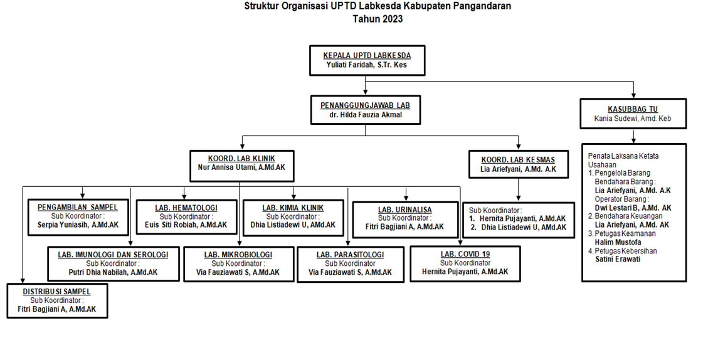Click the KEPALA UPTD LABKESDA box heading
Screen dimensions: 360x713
367,55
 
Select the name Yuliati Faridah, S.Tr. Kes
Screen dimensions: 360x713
367,65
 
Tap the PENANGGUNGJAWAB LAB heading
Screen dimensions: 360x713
366,105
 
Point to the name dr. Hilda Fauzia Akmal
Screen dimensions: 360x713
366,115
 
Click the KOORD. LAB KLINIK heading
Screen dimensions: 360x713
241,159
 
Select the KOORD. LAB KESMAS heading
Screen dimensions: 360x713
518,160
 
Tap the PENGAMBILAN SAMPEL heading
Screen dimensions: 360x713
78,208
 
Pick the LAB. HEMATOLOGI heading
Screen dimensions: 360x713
186,208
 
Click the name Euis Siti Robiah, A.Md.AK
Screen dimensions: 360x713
186,225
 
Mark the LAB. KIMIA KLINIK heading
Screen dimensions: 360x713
293,208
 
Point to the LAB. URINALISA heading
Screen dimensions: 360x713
405,209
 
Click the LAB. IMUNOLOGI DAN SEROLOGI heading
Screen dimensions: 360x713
113,255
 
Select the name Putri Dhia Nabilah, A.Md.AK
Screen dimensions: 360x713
113,272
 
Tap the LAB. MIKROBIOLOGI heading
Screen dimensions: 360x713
238,255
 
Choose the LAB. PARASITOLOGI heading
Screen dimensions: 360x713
350,255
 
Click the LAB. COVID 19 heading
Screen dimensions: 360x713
465,254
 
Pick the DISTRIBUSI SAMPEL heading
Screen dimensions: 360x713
57,292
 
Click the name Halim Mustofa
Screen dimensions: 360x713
618,242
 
